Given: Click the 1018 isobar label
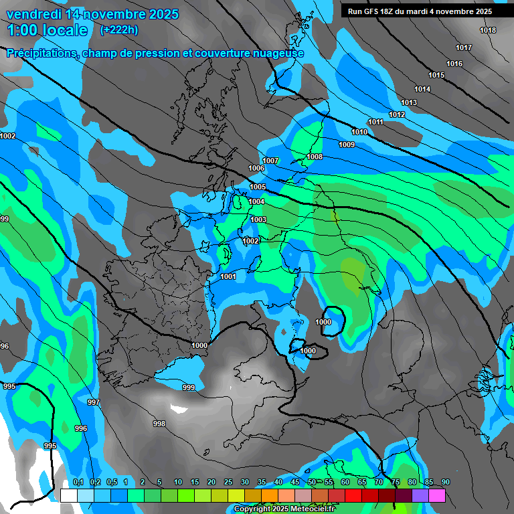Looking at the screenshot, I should [x=488, y=31].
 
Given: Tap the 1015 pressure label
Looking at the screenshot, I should [x=436, y=75].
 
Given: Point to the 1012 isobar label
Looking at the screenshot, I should [x=397, y=115].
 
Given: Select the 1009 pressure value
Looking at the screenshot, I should [x=347, y=145].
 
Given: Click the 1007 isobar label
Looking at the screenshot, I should [x=270, y=161].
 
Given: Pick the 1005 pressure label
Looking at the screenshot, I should [x=258, y=187].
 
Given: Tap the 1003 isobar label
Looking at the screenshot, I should [x=258, y=220].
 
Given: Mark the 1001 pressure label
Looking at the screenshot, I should [x=228, y=277].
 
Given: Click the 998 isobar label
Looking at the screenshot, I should [x=159, y=424].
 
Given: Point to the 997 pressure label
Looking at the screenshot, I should [x=94, y=403].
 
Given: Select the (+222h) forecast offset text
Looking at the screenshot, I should [x=119, y=29].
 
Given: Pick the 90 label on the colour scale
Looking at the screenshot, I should [x=445, y=482].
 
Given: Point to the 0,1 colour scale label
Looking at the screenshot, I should [x=78, y=482].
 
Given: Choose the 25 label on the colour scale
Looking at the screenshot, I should [x=228, y=482].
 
